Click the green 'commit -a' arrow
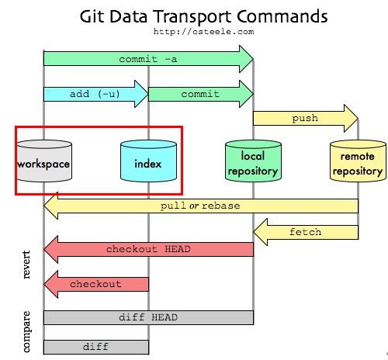tap(147, 59)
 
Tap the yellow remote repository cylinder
tap(357, 163)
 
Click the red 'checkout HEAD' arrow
tap(147, 249)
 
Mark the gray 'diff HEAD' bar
tap(148, 317)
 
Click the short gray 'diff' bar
tap(95, 346)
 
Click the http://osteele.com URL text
tap(193, 32)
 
